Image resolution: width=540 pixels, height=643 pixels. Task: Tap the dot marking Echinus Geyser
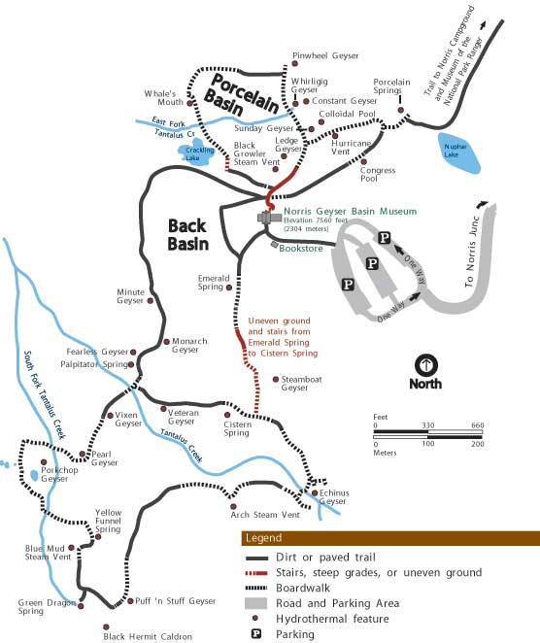[316, 492]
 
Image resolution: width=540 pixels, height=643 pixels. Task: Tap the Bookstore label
[300, 248]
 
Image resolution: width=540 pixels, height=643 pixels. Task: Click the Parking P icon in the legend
[255, 634]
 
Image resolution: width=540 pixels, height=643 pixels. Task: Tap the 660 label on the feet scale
[476, 425]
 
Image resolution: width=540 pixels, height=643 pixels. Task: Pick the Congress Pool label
[377, 175]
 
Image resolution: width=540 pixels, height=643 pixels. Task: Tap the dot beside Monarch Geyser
[166, 341]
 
